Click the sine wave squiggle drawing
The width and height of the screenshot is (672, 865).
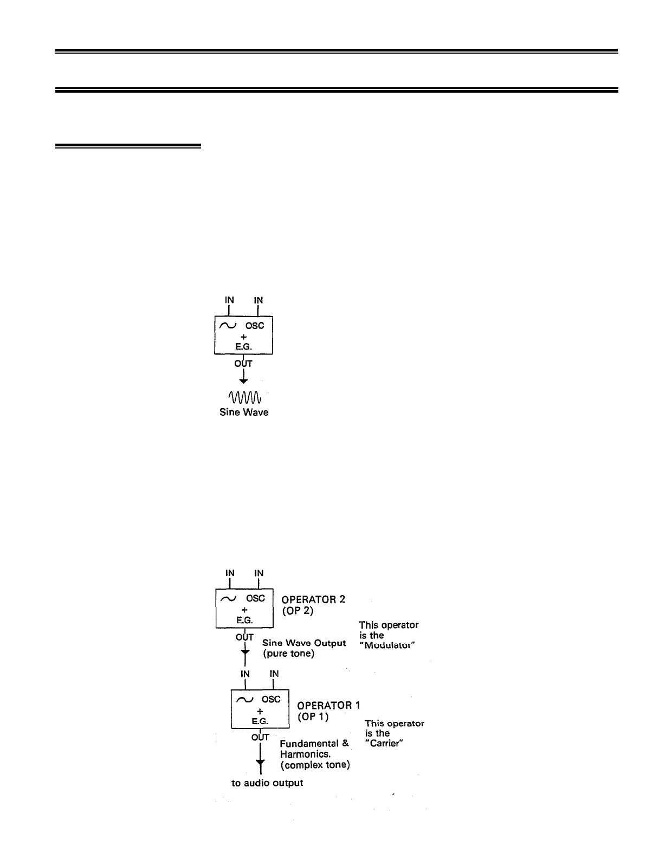(x=245, y=397)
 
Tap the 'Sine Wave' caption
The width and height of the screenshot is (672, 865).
(x=243, y=412)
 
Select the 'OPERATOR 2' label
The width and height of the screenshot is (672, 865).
(x=313, y=599)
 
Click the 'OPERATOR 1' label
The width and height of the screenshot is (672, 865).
(x=328, y=705)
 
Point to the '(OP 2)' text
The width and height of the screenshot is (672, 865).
(x=298, y=610)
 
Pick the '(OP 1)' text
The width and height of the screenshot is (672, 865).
(x=313, y=716)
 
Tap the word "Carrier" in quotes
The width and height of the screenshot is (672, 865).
(x=386, y=744)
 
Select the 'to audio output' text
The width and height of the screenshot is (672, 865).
(x=267, y=783)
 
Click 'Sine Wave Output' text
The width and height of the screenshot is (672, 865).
(x=304, y=643)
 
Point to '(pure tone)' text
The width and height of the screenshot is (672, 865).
(x=288, y=654)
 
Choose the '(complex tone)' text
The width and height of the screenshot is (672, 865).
(x=314, y=765)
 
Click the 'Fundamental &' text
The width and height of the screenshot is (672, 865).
(x=314, y=744)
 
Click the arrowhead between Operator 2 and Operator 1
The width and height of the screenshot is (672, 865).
(x=245, y=650)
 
